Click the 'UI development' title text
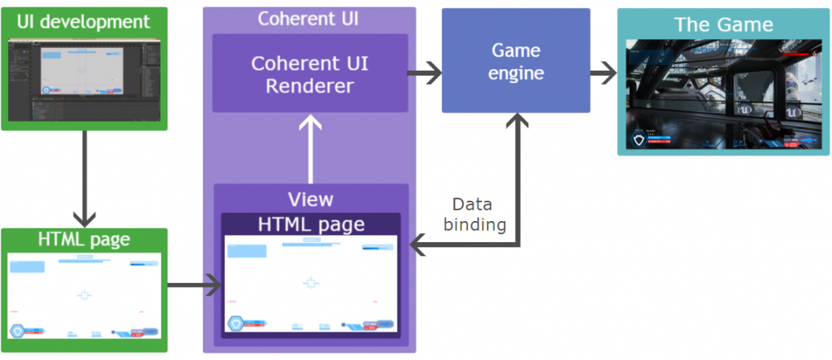[x=84, y=22]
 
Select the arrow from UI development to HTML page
[x=84, y=179]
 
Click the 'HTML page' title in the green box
[x=84, y=241]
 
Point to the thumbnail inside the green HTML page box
[x=84, y=297]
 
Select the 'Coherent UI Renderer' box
[x=310, y=74]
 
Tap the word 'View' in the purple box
[x=310, y=199]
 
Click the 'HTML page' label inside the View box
[x=310, y=223]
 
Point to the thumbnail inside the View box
[x=310, y=284]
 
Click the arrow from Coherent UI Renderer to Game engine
[x=424, y=74]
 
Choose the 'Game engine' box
[x=515, y=61]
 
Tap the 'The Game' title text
[x=723, y=24]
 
